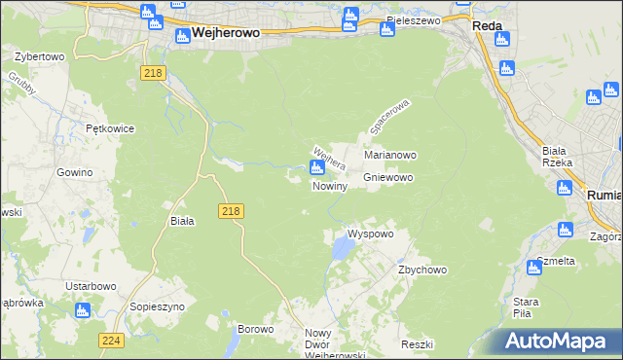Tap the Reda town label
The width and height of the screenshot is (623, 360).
click(487, 27)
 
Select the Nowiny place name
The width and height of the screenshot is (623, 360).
click(329, 187)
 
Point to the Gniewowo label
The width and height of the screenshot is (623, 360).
click(388, 178)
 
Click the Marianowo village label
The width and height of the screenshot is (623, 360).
click(390, 155)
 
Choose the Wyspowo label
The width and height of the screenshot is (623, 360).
click(370, 234)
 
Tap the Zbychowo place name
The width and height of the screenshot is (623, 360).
click(421, 270)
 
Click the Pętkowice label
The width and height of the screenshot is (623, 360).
click(109, 128)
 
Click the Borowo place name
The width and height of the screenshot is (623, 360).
click(256, 329)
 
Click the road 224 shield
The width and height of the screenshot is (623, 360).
click(110, 341)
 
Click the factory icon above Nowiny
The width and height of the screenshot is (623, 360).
click(317, 168)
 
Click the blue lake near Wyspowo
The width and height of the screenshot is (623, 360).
click(342, 250)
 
